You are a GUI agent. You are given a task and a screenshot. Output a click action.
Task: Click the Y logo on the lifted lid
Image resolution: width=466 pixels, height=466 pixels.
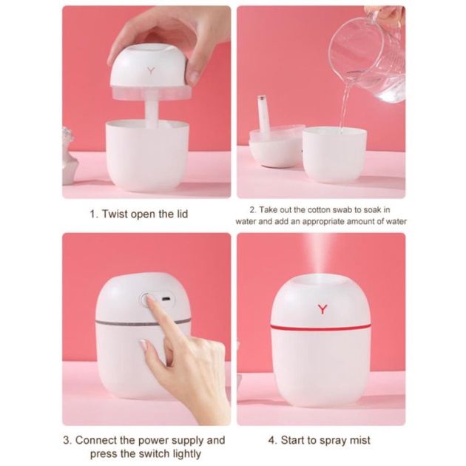pyautogui.click(x=152, y=72)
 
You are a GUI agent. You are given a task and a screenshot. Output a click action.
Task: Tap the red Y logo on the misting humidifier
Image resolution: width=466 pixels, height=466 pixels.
pyautogui.click(x=322, y=309)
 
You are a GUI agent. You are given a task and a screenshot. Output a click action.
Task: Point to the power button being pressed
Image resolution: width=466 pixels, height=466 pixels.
pyautogui.click(x=146, y=300)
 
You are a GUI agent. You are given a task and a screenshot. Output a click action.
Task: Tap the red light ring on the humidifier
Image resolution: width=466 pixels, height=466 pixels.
pyautogui.click(x=321, y=325)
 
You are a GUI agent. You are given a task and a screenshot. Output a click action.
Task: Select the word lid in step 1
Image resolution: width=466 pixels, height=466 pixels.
pyautogui.click(x=180, y=215)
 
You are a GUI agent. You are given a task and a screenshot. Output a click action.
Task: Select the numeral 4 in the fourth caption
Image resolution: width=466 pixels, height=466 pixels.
pyautogui.click(x=271, y=441)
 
